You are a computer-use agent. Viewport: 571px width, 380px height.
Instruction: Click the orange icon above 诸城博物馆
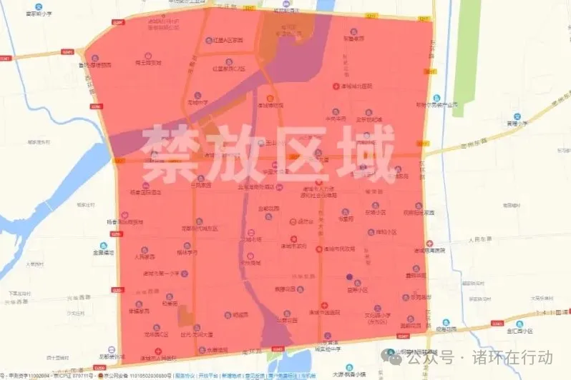coord(270,98)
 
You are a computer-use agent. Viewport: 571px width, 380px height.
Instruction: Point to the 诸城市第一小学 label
coord(166,273)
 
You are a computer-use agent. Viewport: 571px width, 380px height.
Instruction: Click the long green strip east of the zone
coord(472,64)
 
